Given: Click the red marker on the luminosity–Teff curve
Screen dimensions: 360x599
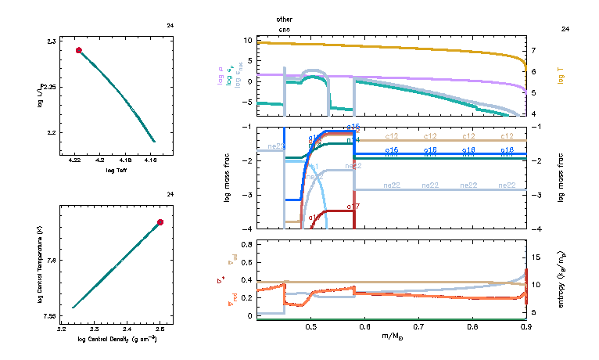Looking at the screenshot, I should tap(79, 50).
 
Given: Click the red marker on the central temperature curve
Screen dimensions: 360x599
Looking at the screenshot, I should tap(160, 222).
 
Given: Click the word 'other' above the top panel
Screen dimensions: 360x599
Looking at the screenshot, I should tap(285, 18).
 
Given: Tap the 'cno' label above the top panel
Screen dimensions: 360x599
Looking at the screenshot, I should tap(285, 28).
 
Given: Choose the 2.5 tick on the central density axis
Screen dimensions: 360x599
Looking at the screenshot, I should tap(160, 330).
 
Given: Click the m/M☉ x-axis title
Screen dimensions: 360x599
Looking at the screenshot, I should tap(392, 337).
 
